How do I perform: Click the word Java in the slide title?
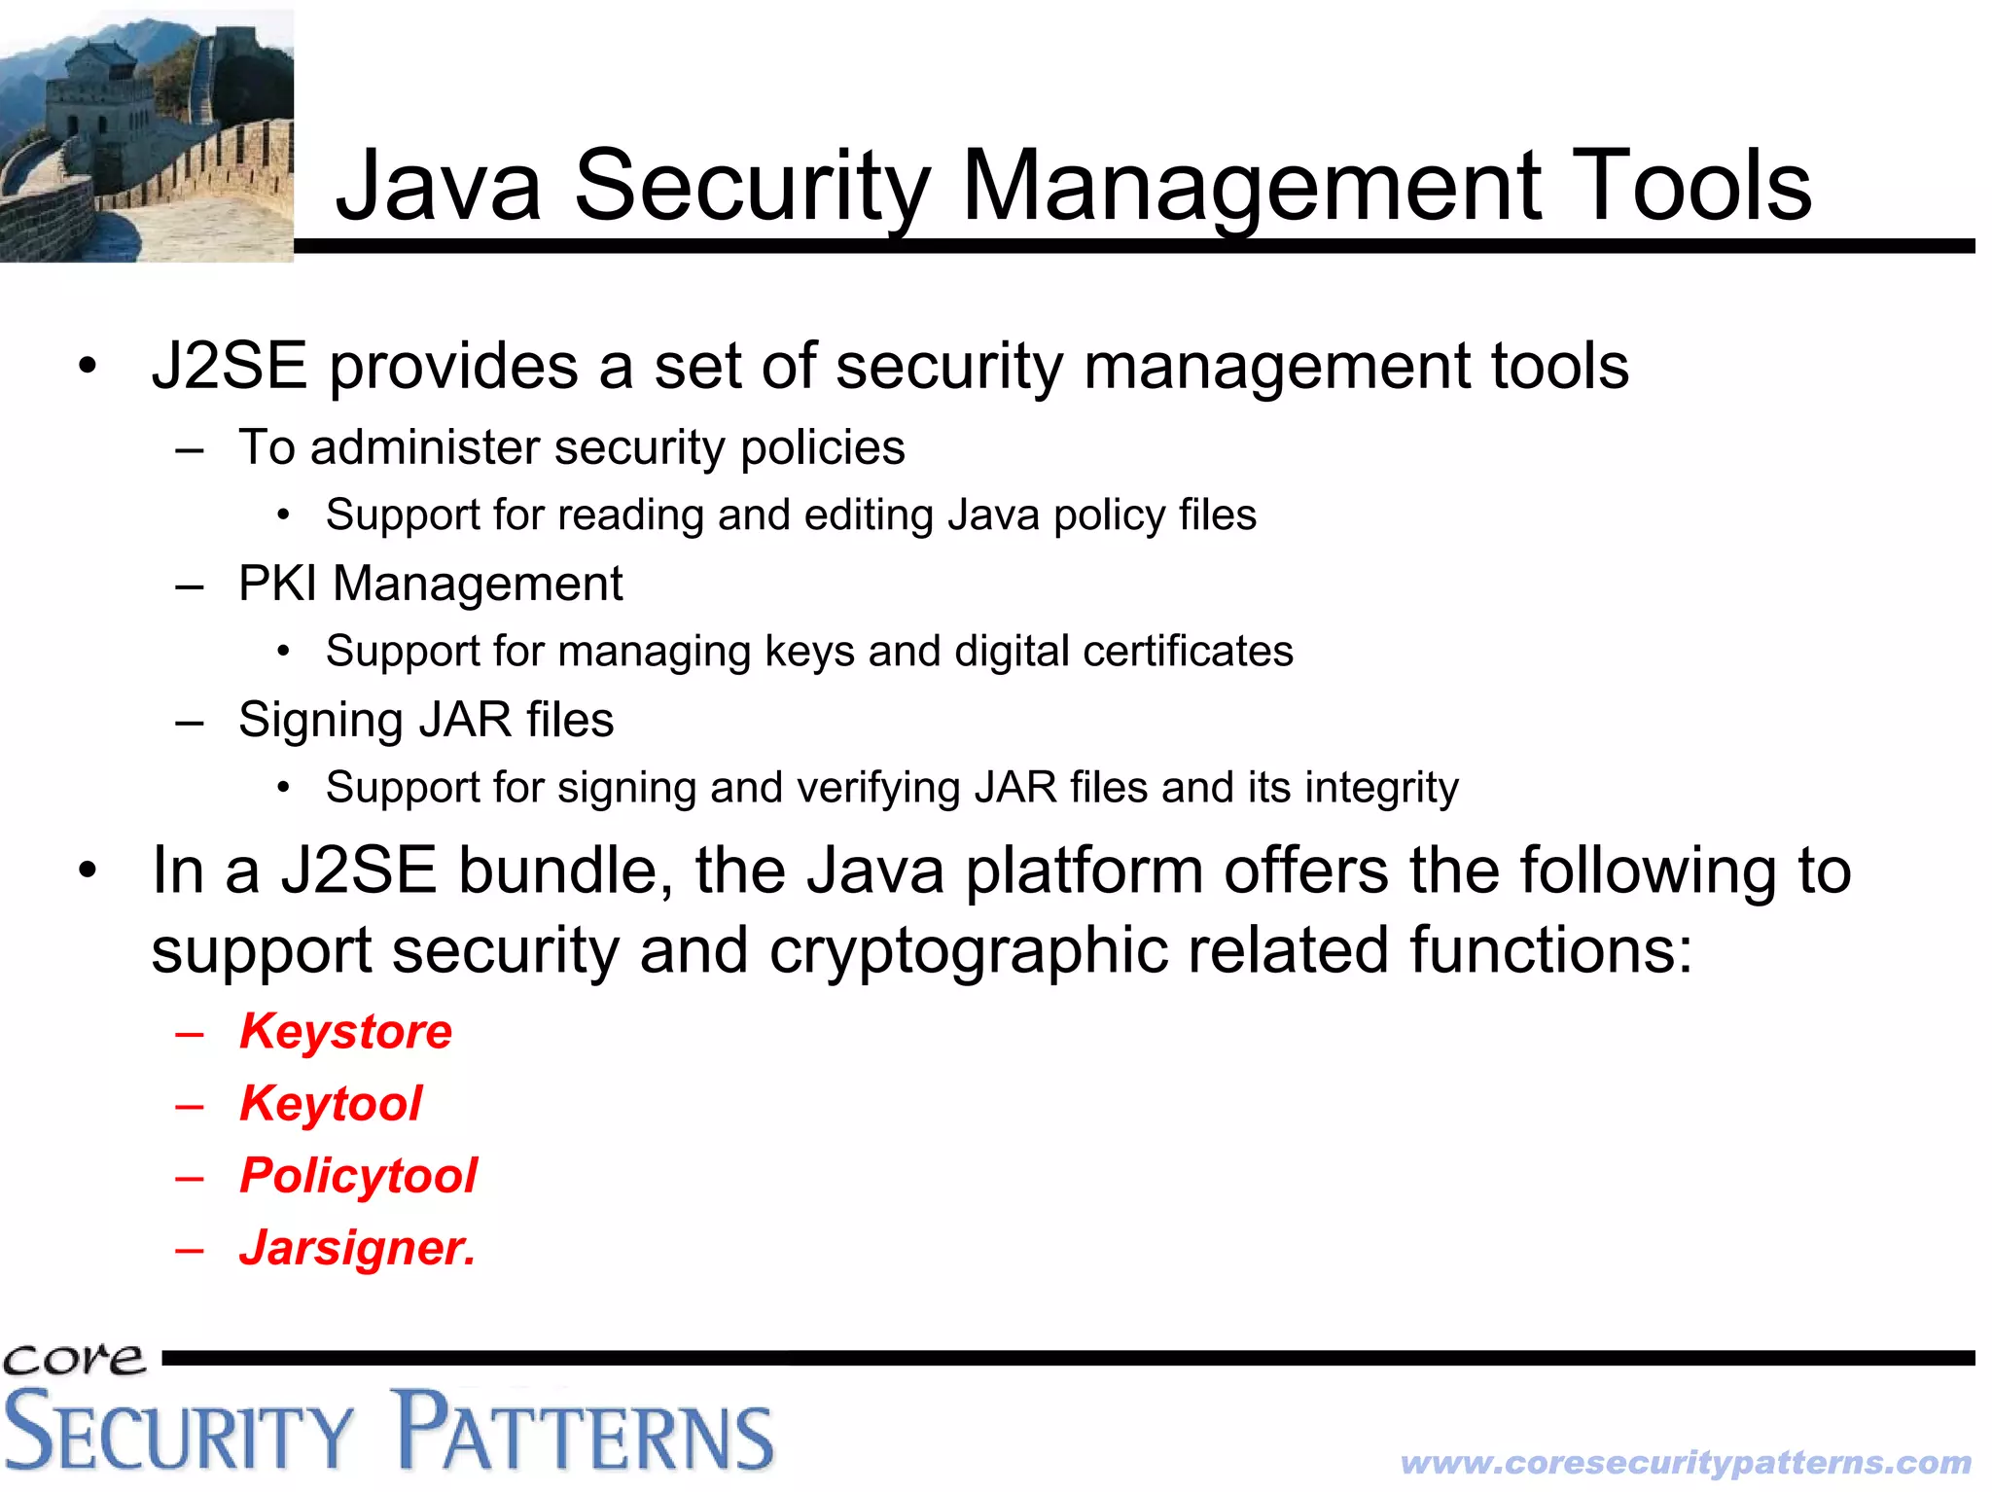pyautogui.click(x=438, y=185)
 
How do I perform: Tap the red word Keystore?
pyautogui.click(x=345, y=1031)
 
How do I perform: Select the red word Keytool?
pyautogui.click(x=331, y=1103)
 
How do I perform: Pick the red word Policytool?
pyautogui.click(x=358, y=1175)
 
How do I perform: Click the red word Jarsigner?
pyautogui.click(x=357, y=1248)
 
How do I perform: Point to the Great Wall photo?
pyautogui.click(x=146, y=136)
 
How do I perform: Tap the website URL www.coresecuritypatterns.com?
pyautogui.click(x=1686, y=1462)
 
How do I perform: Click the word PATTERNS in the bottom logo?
pyautogui.click(x=584, y=1432)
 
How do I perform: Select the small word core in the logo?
pyautogui.click(x=73, y=1358)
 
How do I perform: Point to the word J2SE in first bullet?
pyautogui.click(x=230, y=367)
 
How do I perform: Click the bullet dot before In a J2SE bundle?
pyautogui.click(x=89, y=870)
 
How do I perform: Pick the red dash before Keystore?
pyautogui.click(x=190, y=1033)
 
